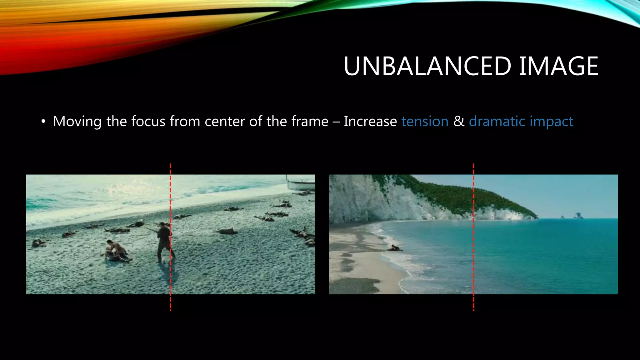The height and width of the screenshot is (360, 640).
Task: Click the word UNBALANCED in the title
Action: pyautogui.click(x=427, y=66)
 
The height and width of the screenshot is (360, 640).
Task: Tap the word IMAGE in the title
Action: pyautogui.click(x=558, y=66)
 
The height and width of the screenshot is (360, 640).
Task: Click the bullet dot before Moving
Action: pyautogui.click(x=43, y=122)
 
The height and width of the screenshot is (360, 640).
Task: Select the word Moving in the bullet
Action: pyautogui.click(x=77, y=122)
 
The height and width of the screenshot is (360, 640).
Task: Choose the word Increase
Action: pyautogui.click(x=370, y=121)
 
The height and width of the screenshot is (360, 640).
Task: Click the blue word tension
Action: pyautogui.click(x=425, y=121)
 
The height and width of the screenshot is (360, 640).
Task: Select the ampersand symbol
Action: pyautogui.click(x=459, y=121)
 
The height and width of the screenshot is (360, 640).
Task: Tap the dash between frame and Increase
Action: pyautogui.click(x=336, y=122)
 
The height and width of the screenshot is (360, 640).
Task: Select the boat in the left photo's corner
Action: pyautogui.click(x=301, y=183)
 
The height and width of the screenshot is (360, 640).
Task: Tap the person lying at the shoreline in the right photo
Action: pyautogui.click(x=395, y=248)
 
